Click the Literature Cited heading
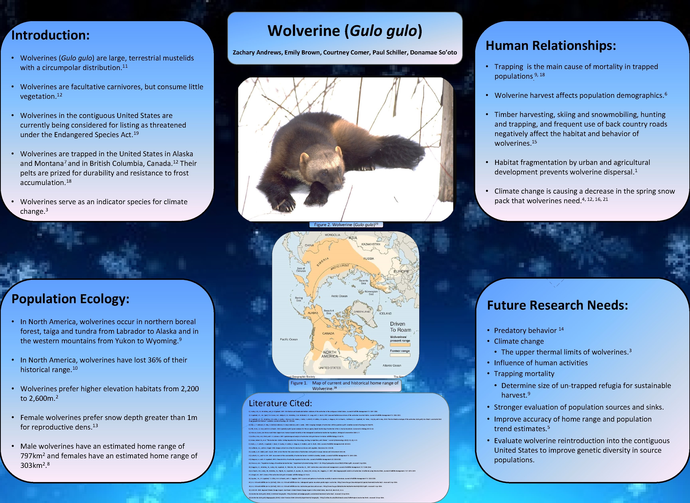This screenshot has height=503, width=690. click(280, 403)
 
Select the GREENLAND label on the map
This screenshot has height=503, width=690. click(362, 312)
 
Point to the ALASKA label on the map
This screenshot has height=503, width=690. click(313, 313)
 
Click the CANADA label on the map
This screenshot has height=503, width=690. click(328, 333)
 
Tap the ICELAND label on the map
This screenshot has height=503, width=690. click(385, 313)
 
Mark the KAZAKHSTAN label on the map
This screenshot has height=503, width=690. click(371, 244)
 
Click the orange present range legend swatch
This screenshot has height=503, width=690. click(400, 345)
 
